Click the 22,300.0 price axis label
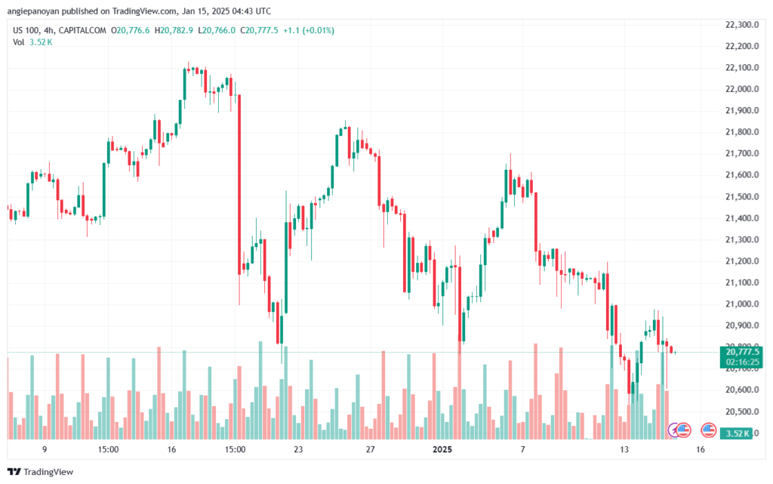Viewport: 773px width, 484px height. (742, 25)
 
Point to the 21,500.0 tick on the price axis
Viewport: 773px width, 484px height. (742, 196)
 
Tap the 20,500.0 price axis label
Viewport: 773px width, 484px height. (742, 412)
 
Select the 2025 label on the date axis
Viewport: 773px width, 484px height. (442, 449)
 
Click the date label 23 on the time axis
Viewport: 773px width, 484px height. (298, 449)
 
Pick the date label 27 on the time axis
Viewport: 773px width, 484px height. (370, 449)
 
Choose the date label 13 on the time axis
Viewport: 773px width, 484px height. (624, 449)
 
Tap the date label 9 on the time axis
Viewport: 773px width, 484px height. (45, 449)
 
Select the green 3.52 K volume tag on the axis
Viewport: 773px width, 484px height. (736, 433)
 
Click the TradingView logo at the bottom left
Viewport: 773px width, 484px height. (41, 472)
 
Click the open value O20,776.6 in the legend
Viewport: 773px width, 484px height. (130, 30)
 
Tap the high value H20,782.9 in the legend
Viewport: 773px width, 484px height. (174, 30)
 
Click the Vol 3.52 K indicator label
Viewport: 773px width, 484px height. (32, 42)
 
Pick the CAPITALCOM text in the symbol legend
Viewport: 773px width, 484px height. (82, 30)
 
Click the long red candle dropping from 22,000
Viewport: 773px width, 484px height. (239, 184)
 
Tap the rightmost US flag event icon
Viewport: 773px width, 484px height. (708, 430)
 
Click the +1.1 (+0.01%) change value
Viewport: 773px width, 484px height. (309, 30)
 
